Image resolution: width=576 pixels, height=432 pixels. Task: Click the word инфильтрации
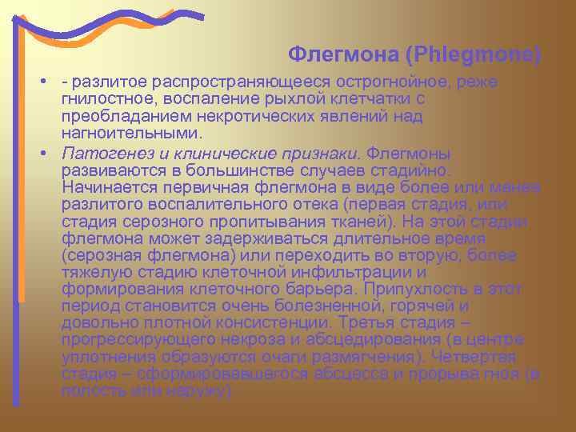coord(387,272)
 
